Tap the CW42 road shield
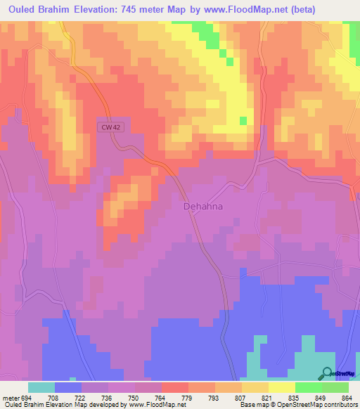point(106,126)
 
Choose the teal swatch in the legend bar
point(41,387)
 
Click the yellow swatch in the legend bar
point(281,387)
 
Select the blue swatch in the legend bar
point(68,387)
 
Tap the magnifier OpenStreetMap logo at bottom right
point(326,373)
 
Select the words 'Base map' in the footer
point(250,405)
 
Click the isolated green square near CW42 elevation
point(243,120)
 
